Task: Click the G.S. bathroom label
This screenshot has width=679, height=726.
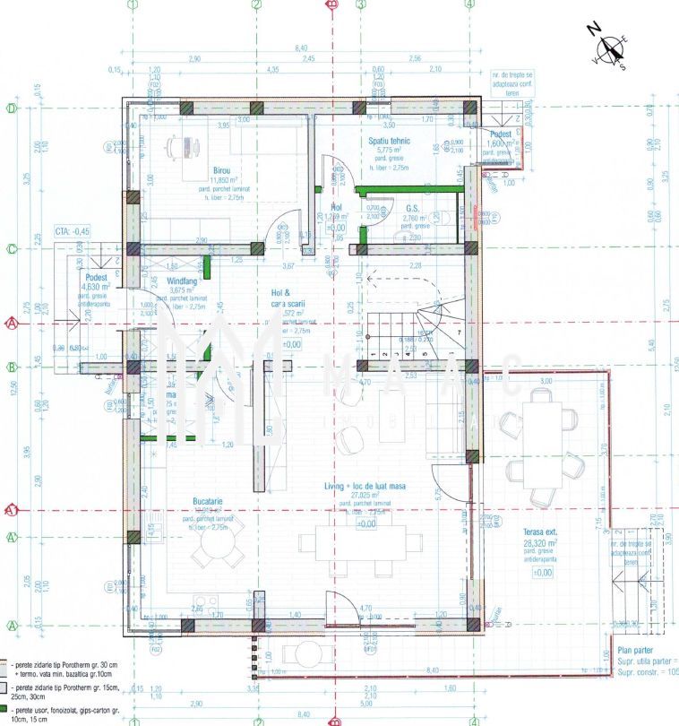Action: pos(412,207)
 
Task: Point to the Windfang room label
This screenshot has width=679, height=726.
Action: pos(183,280)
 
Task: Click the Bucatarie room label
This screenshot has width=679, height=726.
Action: pos(207,502)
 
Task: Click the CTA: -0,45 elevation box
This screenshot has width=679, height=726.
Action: pos(74,229)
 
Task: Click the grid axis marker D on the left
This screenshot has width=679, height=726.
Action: pos(12,108)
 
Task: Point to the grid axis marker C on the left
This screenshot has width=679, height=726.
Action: pos(12,248)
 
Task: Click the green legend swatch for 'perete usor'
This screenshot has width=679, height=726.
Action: pos(4,710)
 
